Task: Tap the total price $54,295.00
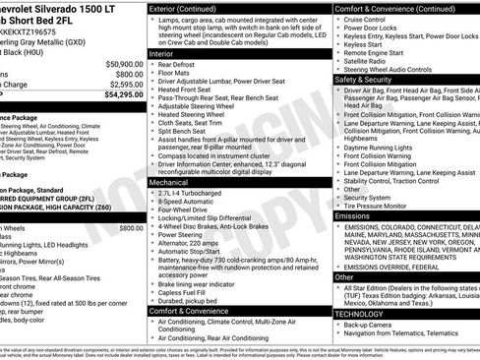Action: point(120,95)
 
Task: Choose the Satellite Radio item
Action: point(366,62)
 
